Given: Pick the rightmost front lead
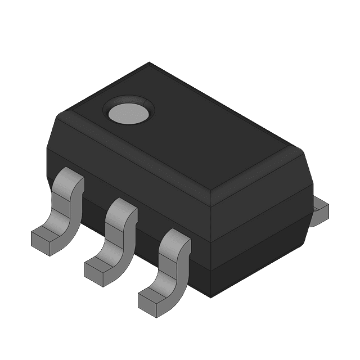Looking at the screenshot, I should (x=169, y=270).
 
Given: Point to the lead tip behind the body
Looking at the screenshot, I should (x=321, y=209).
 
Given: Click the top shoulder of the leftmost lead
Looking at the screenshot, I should (x=70, y=179).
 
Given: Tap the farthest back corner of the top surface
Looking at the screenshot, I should (x=150, y=63).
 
